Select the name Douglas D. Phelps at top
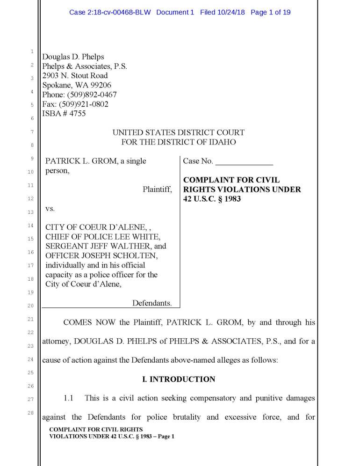pos(73,57)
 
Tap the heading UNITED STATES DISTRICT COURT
pos(178,133)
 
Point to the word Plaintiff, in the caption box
pos(157,189)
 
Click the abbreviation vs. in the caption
pos(50,208)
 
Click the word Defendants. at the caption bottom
pos(152,303)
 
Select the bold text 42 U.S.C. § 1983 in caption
pos(212,199)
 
